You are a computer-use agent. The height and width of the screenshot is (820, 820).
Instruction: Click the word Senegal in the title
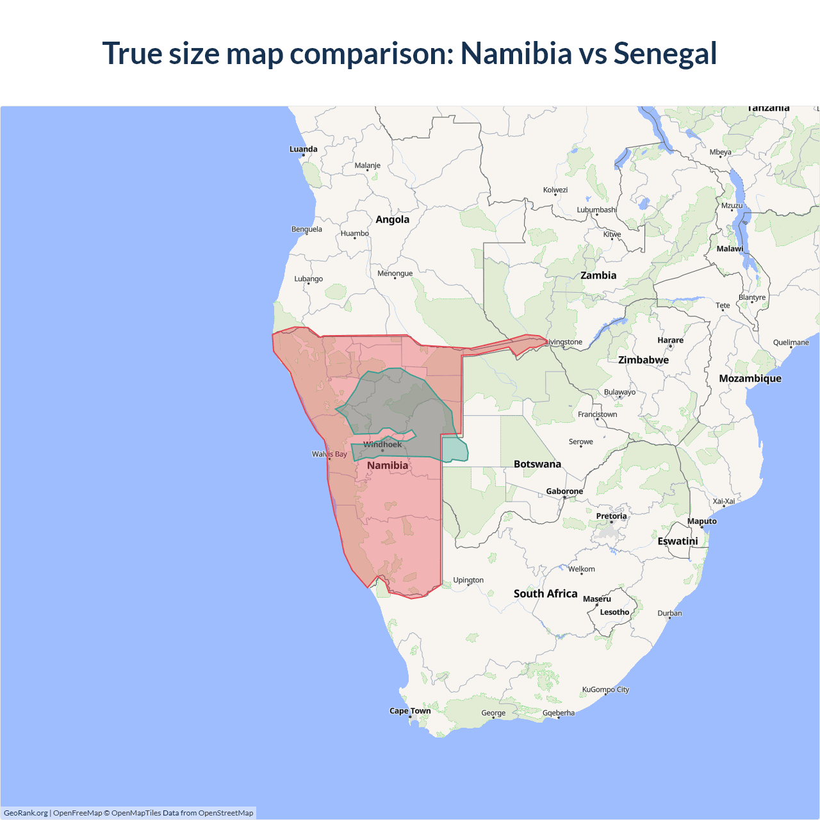coord(665,54)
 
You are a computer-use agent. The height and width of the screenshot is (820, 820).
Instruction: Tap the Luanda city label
coord(303,149)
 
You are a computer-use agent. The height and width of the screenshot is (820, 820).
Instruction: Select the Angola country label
coord(392,220)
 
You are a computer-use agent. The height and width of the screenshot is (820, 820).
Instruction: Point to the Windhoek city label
coord(382,445)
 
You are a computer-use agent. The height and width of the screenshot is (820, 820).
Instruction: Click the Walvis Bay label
coord(329,454)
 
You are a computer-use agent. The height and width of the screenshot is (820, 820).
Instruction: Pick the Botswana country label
coord(537,464)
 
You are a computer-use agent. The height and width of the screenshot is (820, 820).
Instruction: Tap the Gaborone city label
coord(564,491)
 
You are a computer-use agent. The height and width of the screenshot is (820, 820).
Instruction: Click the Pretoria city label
coord(611,516)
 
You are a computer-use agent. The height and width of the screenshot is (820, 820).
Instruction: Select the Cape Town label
coord(410,711)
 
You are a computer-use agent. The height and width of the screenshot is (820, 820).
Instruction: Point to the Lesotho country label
coord(614,612)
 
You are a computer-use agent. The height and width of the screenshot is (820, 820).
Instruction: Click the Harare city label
coord(670,340)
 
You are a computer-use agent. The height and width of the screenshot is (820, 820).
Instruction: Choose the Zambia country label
coord(598,275)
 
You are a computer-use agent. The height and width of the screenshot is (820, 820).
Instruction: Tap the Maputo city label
coord(702,521)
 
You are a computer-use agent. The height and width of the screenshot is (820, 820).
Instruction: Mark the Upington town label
coord(468,580)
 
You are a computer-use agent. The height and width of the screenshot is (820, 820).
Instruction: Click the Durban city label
coord(669,614)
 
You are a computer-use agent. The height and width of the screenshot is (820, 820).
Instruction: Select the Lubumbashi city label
coord(596,210)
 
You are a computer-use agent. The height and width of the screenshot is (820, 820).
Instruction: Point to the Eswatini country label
coord(677,541)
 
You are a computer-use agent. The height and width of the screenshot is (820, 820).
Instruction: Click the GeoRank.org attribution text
coord(26,813)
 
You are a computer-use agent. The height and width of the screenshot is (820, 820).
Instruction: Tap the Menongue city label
coord(395,274)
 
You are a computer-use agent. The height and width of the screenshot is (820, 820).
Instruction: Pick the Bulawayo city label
coord(619,392)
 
